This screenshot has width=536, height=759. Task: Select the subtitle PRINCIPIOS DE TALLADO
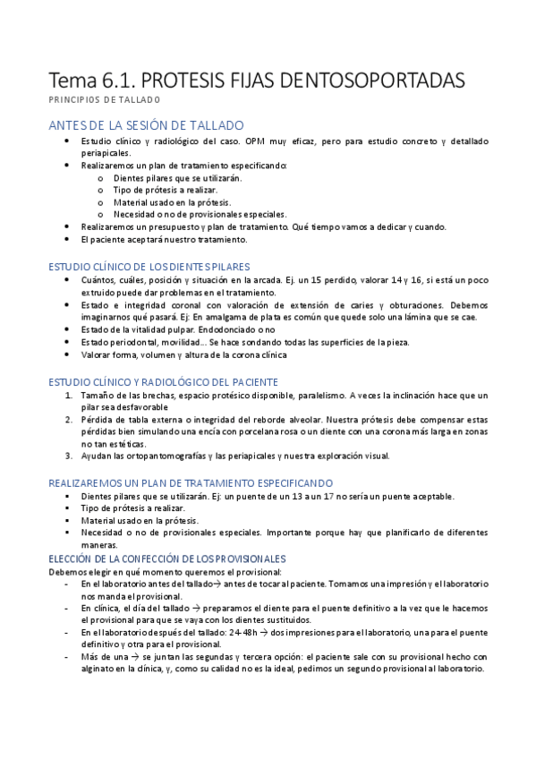click(x=105, y=99)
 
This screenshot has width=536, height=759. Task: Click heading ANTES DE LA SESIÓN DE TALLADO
click(x=146, y=125)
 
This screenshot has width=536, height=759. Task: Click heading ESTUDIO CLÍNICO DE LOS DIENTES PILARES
click(x=149, y=267)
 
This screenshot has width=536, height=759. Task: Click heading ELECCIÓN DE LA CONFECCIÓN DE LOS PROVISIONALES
click(x=166, y=558)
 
